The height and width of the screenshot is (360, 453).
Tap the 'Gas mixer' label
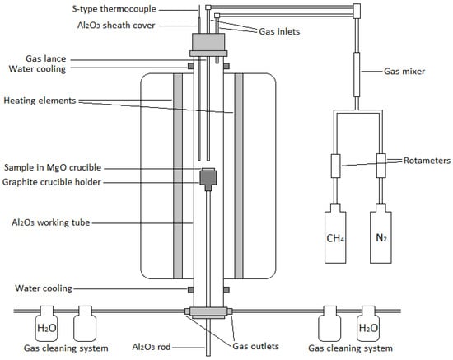(x=404, y=72)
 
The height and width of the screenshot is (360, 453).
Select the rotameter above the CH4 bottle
(x=335, y=166)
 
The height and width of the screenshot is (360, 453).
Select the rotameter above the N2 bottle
(x=381, y=166)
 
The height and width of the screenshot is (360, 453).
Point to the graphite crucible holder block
(x=208, y=179)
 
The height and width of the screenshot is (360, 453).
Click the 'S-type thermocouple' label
(x=114, y=9)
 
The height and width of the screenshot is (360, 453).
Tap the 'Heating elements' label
(x=40, y=101)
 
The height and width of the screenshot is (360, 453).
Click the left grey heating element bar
(x=178, y=176)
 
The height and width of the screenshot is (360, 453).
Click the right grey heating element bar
(x=239, y=176)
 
